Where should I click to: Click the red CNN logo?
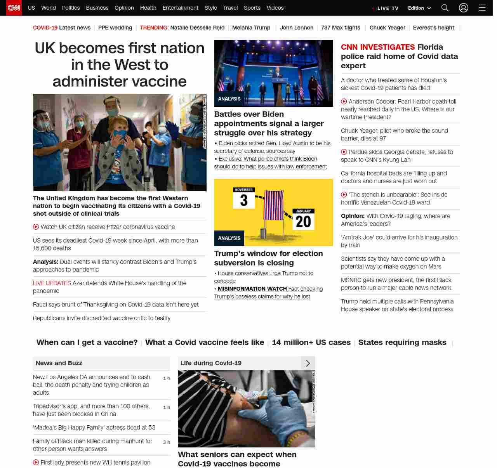coord(14,8)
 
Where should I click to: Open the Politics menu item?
coord(71,8)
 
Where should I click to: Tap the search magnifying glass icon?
coord(445,8)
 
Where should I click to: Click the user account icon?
coord(464,8)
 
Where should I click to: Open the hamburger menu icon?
coord(482,8)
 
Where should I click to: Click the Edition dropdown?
coord(419,8)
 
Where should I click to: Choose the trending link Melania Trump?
coord(251,28)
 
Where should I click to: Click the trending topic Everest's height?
coord(433,28)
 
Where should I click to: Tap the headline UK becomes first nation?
coord(120,64)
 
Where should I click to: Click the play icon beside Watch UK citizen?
coord(36,227)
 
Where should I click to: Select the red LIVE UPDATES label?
coord(52,283)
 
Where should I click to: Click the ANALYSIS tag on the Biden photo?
coord(229,99)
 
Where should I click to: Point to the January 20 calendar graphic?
coord(303,219)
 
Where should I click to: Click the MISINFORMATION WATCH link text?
coord(252,289)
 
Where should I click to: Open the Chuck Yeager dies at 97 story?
coord(394,135)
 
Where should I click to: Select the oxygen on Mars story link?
coord(393,263)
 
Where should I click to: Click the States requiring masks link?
coord(402,342)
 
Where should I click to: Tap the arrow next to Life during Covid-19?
coord(308,363)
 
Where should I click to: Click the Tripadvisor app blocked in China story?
coord(91,410)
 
